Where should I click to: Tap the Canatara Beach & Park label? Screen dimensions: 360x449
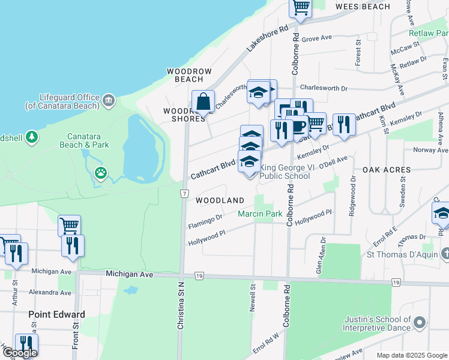(x=84, y=140)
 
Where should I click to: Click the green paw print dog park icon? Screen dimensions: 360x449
(x=101, y=174)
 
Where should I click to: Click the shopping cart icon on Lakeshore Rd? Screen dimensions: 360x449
(x=300, y=8)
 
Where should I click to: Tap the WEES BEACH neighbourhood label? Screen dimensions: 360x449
(x=363, y=7)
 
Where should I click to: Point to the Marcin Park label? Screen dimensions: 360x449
(x=260, y=214)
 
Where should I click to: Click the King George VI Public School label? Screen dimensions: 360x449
(x=285, y=172)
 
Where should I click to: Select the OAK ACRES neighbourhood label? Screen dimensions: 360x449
(x=387, y=170)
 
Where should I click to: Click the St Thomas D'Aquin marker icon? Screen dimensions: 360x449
(x=444, y=254)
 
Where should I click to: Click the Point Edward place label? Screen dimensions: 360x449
(x=57, y=314)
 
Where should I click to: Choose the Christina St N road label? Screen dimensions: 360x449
(x=180, y=306)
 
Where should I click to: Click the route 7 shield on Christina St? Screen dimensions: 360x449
(x=182, y=193)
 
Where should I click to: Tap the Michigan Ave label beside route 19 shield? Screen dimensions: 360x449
(x=130, y=274)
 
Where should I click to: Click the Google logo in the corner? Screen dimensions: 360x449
(x=20, y=352)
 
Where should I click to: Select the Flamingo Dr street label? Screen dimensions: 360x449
(x=205, y=221)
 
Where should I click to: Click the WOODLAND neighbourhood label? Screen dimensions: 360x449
(x=219, y=200)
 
